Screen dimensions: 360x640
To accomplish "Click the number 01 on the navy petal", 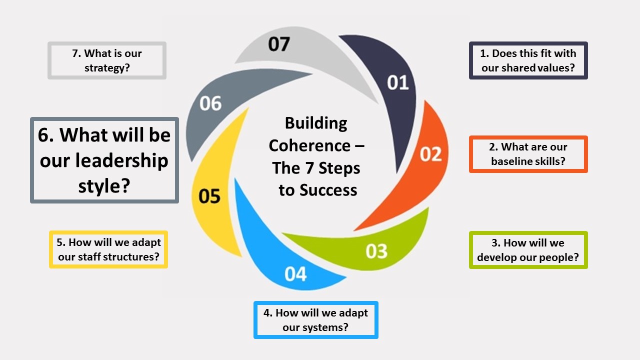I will pos(398,82).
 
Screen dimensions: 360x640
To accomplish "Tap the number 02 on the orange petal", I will pos(430,154).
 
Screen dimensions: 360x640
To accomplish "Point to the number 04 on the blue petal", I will pos(295,274).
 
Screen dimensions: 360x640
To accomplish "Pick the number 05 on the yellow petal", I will pos(209,196).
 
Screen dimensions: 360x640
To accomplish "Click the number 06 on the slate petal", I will pos(210,103).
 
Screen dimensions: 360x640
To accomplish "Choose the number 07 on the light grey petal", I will pos(278,44).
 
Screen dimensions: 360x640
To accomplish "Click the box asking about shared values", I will pos(528,60).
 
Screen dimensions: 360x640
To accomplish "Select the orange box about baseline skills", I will pos(528,154).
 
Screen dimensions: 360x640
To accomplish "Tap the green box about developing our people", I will pos(528,250).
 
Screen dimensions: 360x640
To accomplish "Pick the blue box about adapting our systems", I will pos(316,320).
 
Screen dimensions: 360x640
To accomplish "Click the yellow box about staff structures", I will pos(108,249).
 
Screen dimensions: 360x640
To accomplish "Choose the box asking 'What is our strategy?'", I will pos(107,60).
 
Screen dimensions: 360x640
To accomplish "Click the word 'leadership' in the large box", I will pos(104,160).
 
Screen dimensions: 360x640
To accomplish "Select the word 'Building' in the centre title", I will pos(316,123).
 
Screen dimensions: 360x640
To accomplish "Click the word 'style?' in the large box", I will pos(104,185).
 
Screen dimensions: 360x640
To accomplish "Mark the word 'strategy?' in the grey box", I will pos(107,67).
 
